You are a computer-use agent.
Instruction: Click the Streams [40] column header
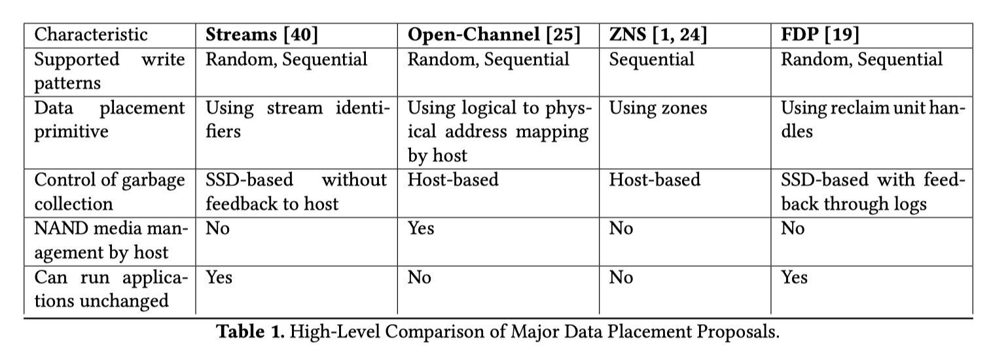click(x=262, y=35)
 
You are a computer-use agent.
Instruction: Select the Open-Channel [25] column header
click(x=494, y=35)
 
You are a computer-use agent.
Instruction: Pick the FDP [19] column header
click(x=820, y=35)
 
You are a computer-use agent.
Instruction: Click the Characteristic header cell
click(x=91, y=35)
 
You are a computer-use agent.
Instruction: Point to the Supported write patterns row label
click(x=110, y=71)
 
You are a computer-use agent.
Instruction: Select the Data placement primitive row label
click(x=110, y=119)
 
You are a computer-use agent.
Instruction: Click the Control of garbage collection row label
click(x=110, y=192)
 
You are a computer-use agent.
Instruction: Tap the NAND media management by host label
click(x=111, y=240)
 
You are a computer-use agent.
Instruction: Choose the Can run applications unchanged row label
click(x=111, y=289)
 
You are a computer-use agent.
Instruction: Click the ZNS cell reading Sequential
click(x=652, y=60)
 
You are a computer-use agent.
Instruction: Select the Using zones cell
click(x=658, y=109)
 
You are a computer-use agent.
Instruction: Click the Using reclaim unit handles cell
click(x=873, y=119)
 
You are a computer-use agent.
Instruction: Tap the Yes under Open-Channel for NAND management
click(x=421, y=228)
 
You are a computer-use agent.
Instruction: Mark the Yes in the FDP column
click(x=794, y=278)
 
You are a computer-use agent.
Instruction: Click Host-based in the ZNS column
click(x=655, y=180)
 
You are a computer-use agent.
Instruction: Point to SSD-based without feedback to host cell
click(x=297, y=192)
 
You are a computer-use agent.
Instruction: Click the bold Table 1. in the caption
click(x=251, y=332)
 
